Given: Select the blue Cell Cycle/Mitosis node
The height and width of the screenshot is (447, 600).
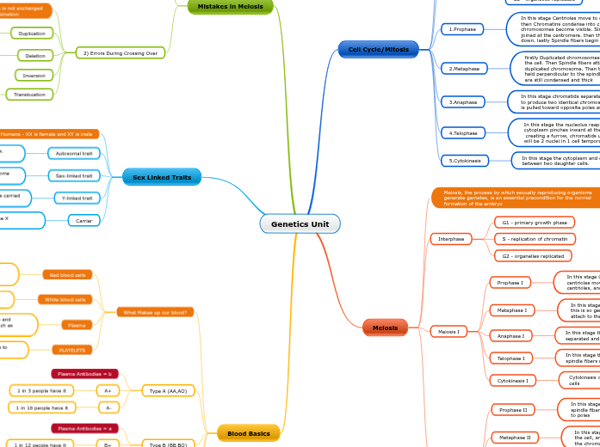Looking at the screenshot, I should [x=378, y=50].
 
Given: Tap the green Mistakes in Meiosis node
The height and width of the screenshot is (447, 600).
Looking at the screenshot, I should [x=230, y=6].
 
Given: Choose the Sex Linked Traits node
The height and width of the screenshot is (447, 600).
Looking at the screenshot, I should [x=162, y=177].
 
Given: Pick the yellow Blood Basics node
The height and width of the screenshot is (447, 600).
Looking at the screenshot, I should [x=249, y=433].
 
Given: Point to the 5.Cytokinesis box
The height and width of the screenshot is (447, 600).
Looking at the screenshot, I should [x=465, y=160].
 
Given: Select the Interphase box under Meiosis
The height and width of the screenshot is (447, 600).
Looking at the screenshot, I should [x=451, y=238].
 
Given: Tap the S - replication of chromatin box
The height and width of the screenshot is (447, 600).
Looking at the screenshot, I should [x=534, y=239].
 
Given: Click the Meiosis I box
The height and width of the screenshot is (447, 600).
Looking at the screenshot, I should [x=448, y=331].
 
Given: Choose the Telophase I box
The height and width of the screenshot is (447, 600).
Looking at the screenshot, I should [x=510, y=358].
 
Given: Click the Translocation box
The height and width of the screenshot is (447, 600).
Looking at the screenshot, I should [x=29, y=95].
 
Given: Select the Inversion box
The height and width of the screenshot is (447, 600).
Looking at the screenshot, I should [x=34, y=75].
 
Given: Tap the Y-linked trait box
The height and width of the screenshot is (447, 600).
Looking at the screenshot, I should [x=73, y=198].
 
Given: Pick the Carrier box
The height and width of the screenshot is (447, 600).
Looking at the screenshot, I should [x=84, y=221].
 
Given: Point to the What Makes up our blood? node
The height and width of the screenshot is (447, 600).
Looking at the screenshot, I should [x=156, y=312].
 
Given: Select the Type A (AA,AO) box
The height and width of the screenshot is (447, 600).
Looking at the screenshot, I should [x=168, y=390].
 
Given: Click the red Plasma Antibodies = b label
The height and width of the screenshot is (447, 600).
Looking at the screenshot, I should [x=84, y=374].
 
